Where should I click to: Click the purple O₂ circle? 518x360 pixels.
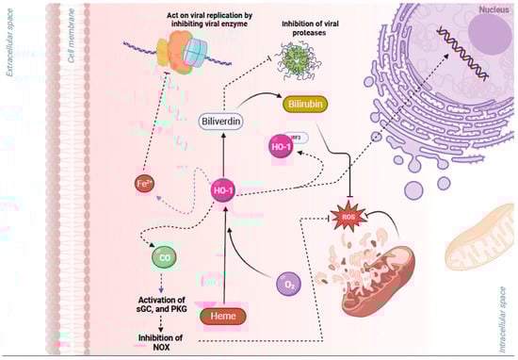click(x=290, y=282)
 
